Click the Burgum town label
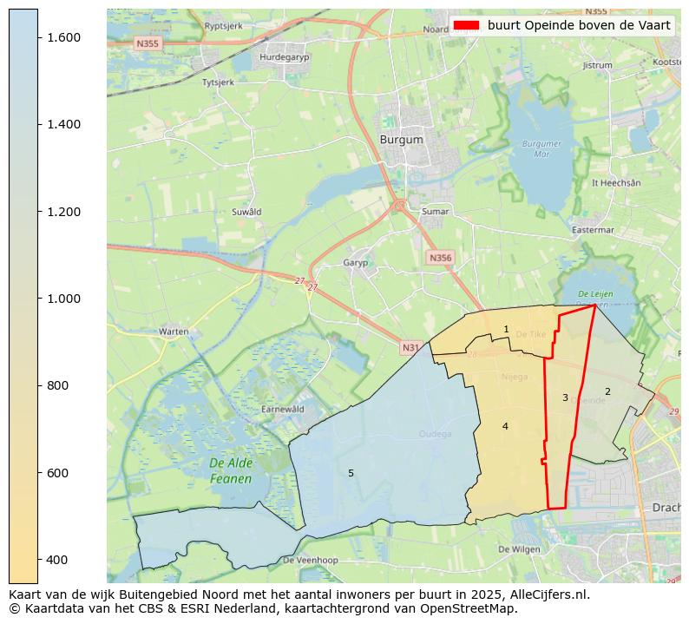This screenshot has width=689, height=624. pyautogui.click(x=402, y=139)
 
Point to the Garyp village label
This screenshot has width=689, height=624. pyautogui.click(x=356, y=262)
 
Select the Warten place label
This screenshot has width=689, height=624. pyautogui.click(x=174, y=332)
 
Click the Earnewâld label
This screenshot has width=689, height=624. pyautogui.click(x=283, y=409)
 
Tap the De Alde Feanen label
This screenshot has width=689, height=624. pyautogui.click(x=230, y=471)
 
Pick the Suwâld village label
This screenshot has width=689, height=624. pyautogui.click(x=246, y=212)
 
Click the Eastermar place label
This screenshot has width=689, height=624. pyautogui.click(x=593, y=230)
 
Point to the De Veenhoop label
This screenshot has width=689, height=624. pyautogui.click(x=310, y=561)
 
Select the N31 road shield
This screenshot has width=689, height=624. pyautogui.click(x=410, y=348)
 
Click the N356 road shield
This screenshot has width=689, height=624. pyautogui.click(x=440, y=258)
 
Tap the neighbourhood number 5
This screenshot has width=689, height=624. pyautogui.click(x=351, y=473)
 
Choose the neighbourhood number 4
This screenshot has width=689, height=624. pyautogui.click(x=505, y=426)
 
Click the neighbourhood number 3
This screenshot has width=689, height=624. pyautogui.click(x=565, y=397)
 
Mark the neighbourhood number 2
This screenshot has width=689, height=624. pyautogui.click(x=607, y=391)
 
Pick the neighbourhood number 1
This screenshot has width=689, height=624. pyautogui.click(x=506, y=329)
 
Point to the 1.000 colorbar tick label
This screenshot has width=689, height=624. pyautogui.click(x=63, y=299)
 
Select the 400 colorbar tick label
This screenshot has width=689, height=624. pyautogui.click(x=58, y=560)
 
